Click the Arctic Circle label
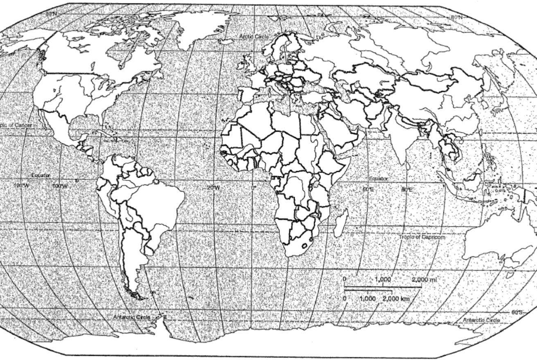click(254, 37)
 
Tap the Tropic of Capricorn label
click(422, 237)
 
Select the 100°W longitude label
click(60, 186)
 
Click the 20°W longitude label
click(213, 188)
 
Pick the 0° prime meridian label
click(254, 188)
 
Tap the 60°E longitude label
click(368, 189)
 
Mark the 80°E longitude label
click(407, 189)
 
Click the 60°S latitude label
click(517, 312)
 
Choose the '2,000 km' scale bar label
click(396, 299)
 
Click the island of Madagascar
click(341, 223)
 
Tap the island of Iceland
click(226, 41)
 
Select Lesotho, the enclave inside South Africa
click(304, 246)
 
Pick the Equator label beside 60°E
click(378, 179)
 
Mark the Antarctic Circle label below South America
click(132, 317)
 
